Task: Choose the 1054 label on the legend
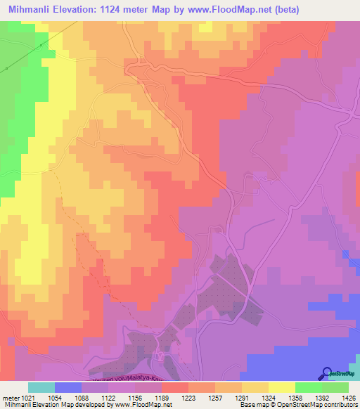(x=64, y=398)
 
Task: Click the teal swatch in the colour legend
(x=41, y=387)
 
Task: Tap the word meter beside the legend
(x=10, y=398)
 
